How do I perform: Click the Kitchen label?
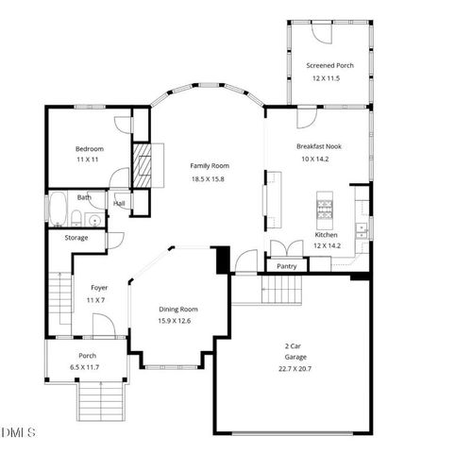click(x=326, y=234)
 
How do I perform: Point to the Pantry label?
click(x=286, y=266)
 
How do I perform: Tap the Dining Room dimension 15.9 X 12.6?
click(x=177, y=321)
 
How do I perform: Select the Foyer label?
click(x=99, y=288)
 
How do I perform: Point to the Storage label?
click(x=76, y=238)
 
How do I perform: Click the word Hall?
click(x=120, y=203)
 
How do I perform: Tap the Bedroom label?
click(x=90, y=149)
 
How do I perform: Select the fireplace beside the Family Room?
click(x=142, y=163)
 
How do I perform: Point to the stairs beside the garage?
click(x=248, y=291)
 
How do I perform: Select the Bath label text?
click(x=84, y=197)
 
